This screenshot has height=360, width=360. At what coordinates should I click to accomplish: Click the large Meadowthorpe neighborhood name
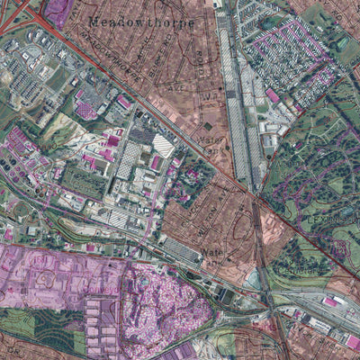tap(141, 21)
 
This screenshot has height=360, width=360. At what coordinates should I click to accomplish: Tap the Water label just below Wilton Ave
tap(212, 252)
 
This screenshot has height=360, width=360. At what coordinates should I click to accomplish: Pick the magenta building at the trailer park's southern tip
tap(272, 95)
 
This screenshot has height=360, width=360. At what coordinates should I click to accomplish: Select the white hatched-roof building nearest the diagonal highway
tap(163, 143)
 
